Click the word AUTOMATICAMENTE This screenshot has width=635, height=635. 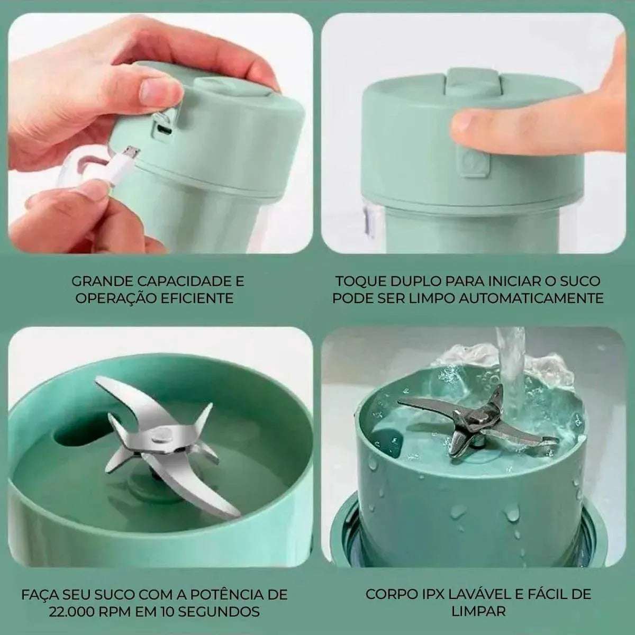coord(531,298)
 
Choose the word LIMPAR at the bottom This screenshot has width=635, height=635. coord(478,612)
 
